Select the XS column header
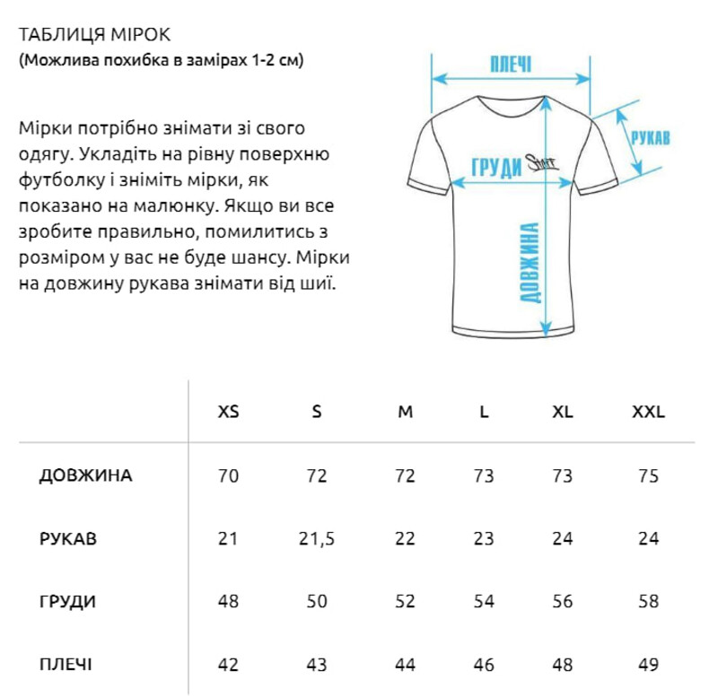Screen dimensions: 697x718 pyautogui.click(x=229, y=413)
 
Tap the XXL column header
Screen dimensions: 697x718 pyautogui.click(x=648, y=413)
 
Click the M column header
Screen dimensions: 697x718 pyautogui.click(x=406, y=413)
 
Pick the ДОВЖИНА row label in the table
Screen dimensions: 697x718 pyautogui.click(x=86, y=475)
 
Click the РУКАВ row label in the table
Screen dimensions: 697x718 pyautogui.click(x=68, y=539)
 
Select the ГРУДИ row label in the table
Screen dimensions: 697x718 pyautogui.click(x=67, y=602)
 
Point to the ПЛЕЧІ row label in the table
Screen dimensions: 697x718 pyautogui.click(x=66, y=665)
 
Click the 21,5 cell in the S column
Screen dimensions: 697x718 pyautogui.click(x=316, y=539)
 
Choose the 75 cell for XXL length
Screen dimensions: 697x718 pyautogui.click(x=648, y=475)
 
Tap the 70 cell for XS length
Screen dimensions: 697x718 pyautogui.click(x=229, y=475)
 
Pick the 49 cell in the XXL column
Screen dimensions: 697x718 pyautogui.click(x=648, y=665)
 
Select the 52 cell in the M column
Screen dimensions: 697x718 pyautogui.click(x=406, y=602)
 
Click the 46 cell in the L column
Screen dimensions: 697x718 pyautogui.click(x=484, y=665)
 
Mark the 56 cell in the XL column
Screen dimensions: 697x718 pyautogui.click(x=562, y=602)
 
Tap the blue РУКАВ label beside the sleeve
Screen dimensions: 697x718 pyautogui.click(x=651, y=140)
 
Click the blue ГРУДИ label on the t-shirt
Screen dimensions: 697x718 pyautogui.click(x=496, y=168)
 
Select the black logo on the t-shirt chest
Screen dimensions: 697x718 pyautogui.click(x=543, y=161)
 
